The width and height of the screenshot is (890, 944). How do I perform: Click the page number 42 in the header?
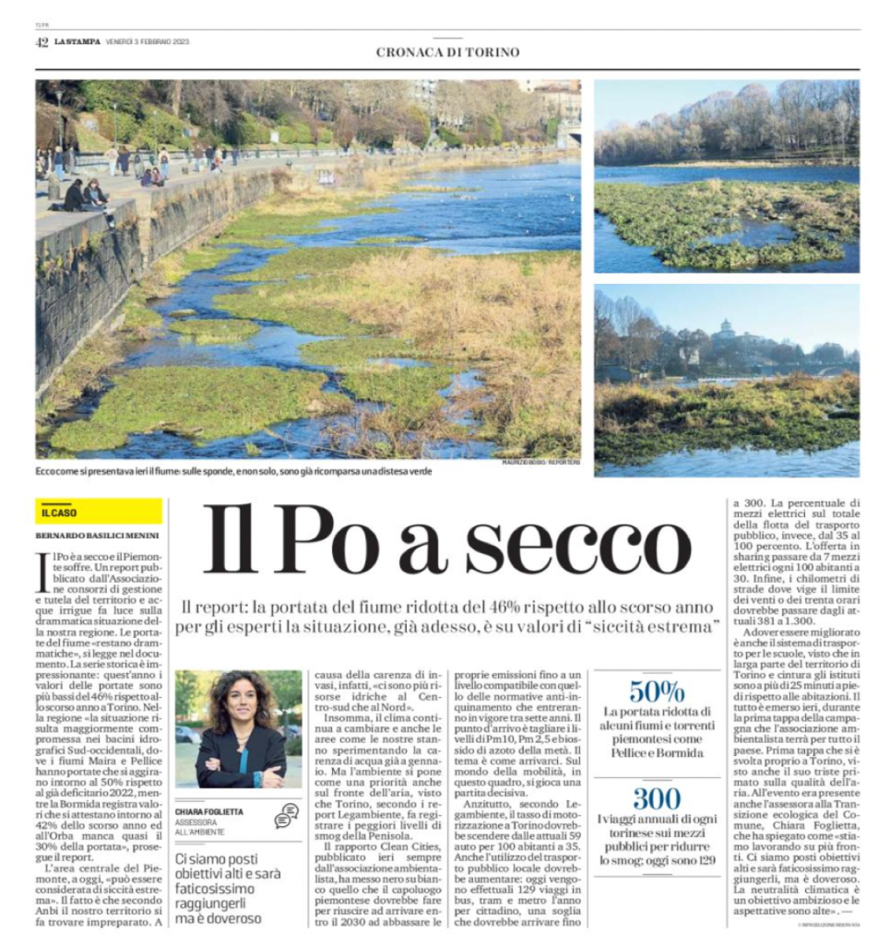tap(42, 41)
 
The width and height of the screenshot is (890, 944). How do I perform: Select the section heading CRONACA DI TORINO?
tap(447, 53)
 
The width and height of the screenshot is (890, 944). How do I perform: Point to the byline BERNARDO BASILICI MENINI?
tap(97, 535)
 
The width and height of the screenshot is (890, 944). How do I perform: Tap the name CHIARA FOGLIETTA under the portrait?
tap(210, 811)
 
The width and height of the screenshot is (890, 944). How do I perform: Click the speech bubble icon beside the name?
tap(287, 815)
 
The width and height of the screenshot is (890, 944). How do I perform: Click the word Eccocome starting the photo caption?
tap(58, 471)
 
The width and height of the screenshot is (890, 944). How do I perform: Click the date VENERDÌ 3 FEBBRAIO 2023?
tap(148, 41)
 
